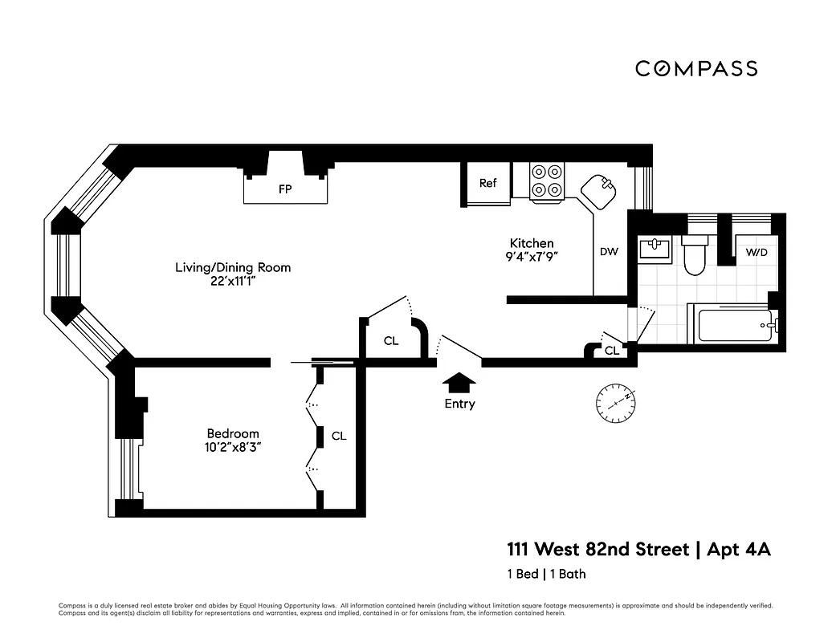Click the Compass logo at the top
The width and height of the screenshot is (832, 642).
pos(695,68)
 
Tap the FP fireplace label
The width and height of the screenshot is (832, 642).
pos(284,189)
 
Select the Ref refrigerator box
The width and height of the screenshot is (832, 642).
pos(488,184)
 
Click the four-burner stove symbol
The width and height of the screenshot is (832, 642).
pos(547,181)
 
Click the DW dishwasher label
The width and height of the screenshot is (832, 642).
pos(609,252)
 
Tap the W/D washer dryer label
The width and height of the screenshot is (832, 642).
pos(757,252)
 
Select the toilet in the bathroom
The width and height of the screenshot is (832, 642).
pos(693,254)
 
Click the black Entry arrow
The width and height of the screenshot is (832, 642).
pos(459,381)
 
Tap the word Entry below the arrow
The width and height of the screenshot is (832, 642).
pos(459,404)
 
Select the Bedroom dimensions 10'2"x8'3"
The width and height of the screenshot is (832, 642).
pos(233,449)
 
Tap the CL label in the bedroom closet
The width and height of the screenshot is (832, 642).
pos(339,436)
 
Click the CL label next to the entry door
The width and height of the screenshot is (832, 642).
pos(390,341)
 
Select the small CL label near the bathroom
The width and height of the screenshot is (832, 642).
pos(611,351)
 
